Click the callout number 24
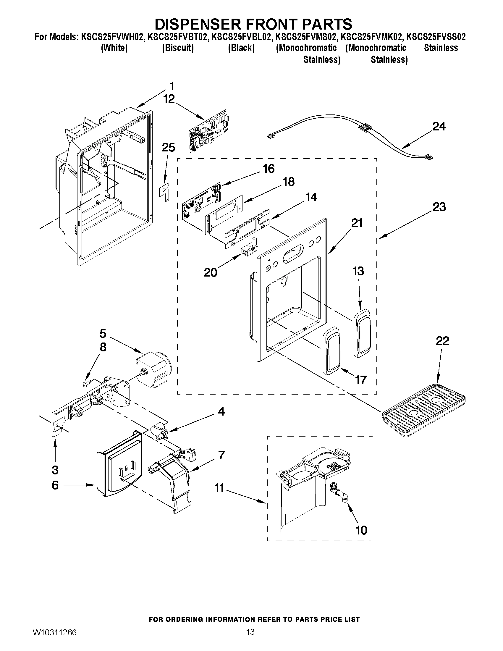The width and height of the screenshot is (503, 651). click(x=439, y=127)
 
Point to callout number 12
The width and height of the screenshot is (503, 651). click(x=169, y=99)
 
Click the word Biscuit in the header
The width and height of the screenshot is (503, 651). click(x=178, y=48)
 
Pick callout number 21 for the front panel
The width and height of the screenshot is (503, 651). click(x=357, y=223)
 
